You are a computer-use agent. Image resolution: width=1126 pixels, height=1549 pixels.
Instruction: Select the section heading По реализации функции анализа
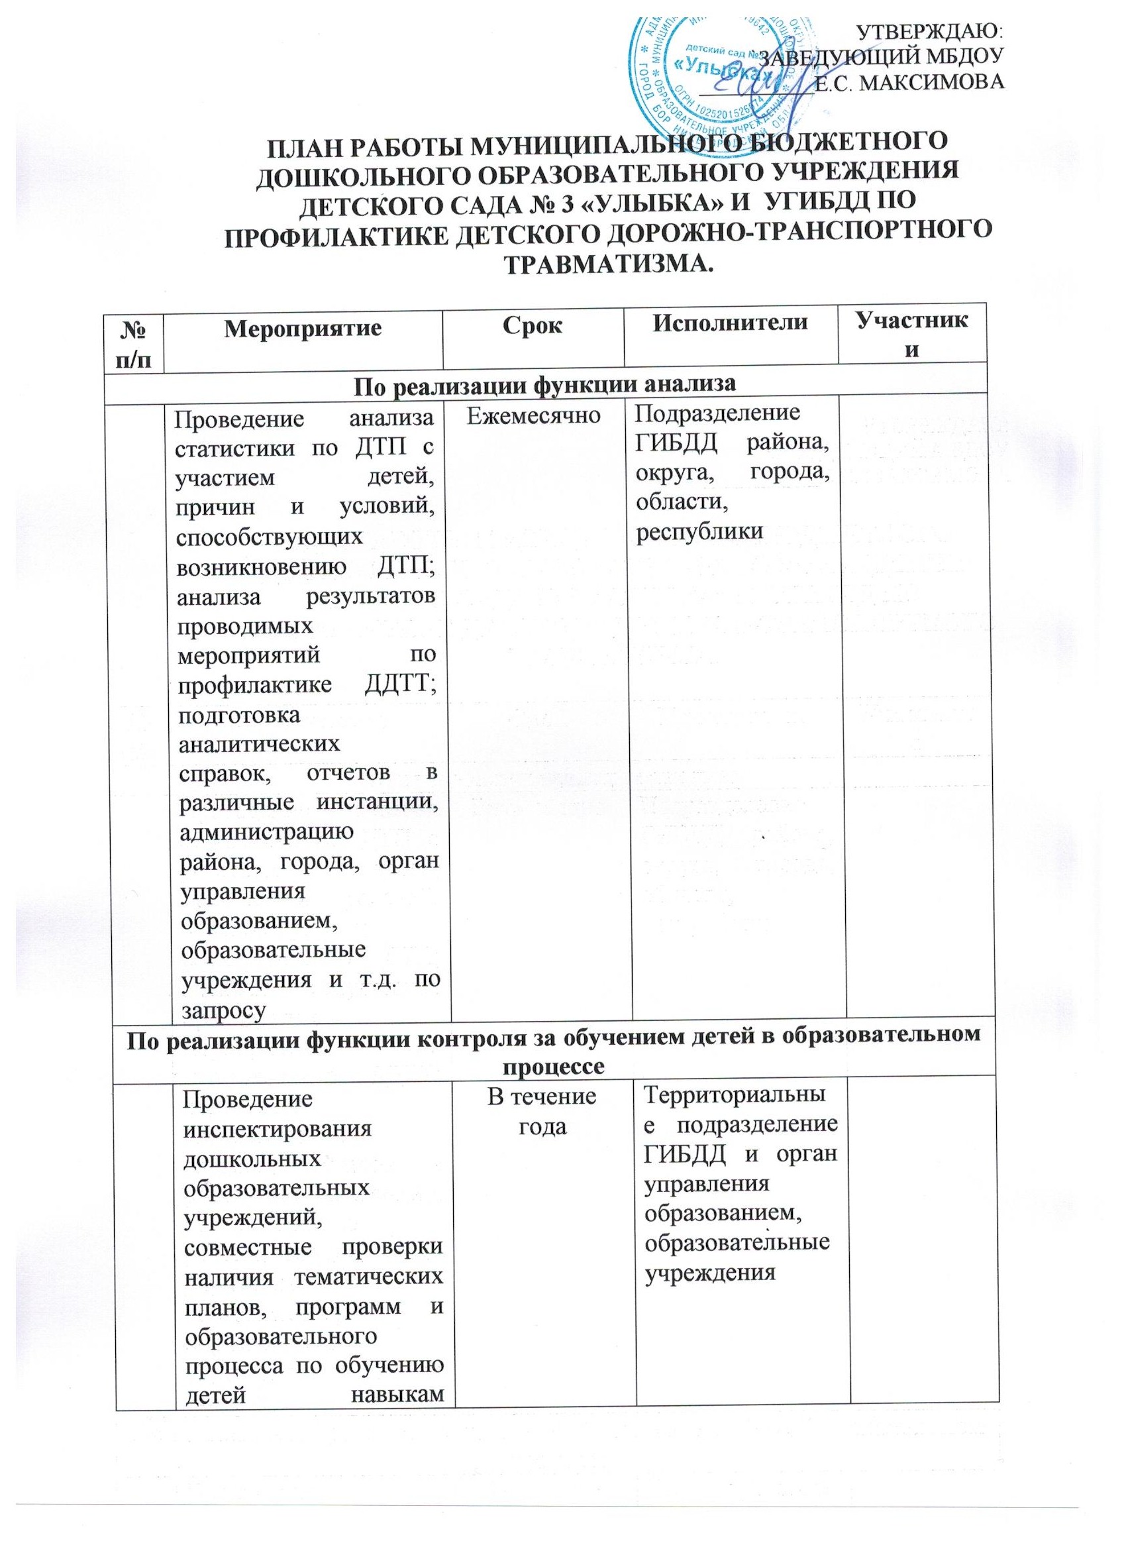pyautogui.click(x=544, y=384)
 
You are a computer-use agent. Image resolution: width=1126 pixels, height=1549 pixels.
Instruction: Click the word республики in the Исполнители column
pyautogui.click(x=699, y=532)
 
